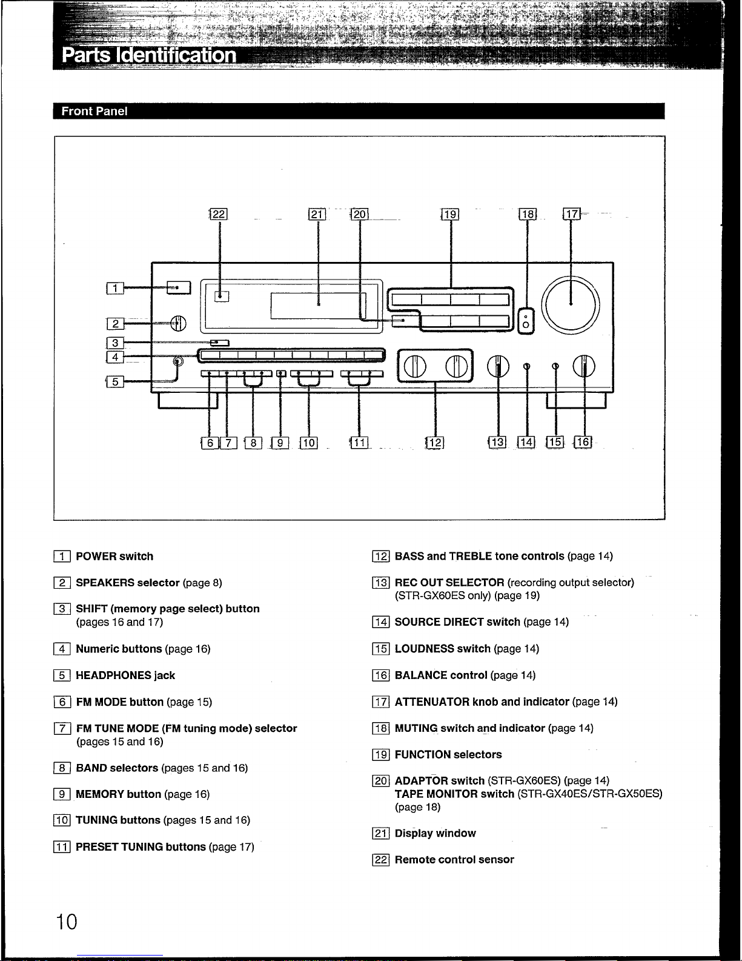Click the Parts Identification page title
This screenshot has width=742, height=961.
click(x=149, y=55)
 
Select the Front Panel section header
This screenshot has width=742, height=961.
click(x=94, y=112)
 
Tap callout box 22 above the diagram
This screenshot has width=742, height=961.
click(x=218, y=214)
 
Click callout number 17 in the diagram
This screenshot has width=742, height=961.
click(x=571, y=214)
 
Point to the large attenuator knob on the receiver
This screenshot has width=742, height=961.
click(x=571, y=304)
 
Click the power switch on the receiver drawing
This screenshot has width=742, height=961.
click(x=179, y=288)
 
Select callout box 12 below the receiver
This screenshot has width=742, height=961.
click(x=435, y=443)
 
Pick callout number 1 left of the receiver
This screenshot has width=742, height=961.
click(x=114, y=289)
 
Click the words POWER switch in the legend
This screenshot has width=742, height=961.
click(x=114, y=557)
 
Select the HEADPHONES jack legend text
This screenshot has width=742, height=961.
click(x=125, y=675)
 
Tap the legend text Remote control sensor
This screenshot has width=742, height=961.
click(x=454, y=860)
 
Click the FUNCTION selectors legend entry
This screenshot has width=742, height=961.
click(x=448, y=755)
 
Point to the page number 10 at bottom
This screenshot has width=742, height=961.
click(x=67, y=922)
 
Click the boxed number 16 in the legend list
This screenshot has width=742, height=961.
click(x=380, y=675)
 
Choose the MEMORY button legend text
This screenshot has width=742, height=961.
click(x=119, y=794)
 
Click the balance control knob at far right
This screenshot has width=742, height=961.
click(x=585, y=366)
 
